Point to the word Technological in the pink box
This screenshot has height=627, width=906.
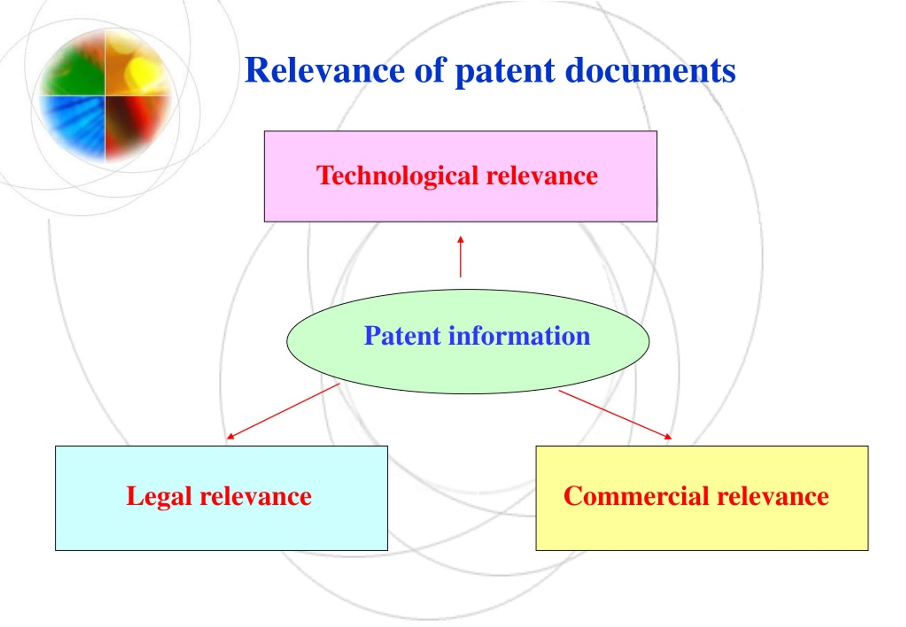coord(397,176)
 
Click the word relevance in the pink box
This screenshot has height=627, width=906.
coord(542,176)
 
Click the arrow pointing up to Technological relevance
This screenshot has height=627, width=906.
coord(460,257)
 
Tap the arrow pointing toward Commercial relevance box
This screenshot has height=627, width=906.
coord(615,414)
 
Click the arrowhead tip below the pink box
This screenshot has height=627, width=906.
coord(460,236)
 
